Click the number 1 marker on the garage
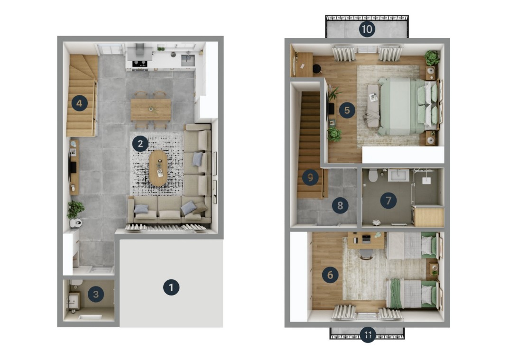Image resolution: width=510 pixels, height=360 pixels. pos(171,287)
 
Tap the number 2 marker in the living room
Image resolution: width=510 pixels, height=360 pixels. pos(140,143)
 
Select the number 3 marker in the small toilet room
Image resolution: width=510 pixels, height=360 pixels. pos(96,295)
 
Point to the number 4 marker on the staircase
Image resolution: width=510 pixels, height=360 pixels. pos(79,103)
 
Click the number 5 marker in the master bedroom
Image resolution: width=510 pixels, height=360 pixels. pos(347,111)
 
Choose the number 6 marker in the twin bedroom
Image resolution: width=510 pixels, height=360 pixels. pos(330,275)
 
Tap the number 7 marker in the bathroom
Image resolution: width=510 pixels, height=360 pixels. pos(389,201)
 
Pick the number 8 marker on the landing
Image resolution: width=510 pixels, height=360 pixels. pos(340,205)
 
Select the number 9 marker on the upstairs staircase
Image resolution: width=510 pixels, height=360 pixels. pos(310,177)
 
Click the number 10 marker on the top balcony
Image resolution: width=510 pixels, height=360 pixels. pos(367,29)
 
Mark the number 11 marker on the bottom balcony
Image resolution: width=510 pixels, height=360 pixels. pos(368,335)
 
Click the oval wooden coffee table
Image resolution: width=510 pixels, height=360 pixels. pos(158,168)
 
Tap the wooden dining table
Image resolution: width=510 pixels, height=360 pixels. pos(151,110)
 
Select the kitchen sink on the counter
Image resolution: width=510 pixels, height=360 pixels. pos(187,60)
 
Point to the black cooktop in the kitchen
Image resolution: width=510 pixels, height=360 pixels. pos(139,63)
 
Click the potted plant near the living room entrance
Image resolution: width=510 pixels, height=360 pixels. pos(75,209)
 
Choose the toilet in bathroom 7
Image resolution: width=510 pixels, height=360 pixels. pos(373,175)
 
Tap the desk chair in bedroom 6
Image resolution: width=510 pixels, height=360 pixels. pos(366,254)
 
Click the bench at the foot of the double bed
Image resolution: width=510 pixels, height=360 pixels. pos(373,105)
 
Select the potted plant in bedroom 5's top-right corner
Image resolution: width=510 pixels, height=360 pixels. pos(432,58)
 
